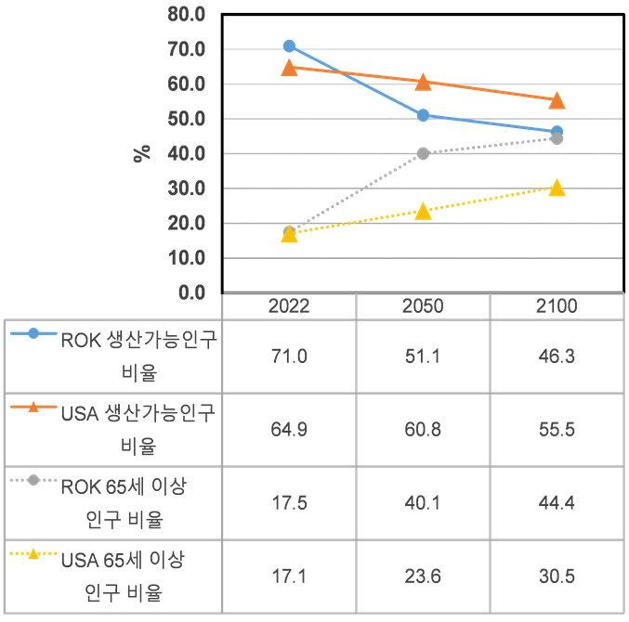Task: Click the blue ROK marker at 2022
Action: [x=289, y=45]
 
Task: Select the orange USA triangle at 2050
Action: [x=423, y=82]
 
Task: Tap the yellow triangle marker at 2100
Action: [x=557, y=188]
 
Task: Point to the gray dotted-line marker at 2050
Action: [x=423, y=153]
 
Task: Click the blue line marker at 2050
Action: [x=423, y=115]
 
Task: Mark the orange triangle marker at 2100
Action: [x=557, y=100]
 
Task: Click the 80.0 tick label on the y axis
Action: [x=187, y=14]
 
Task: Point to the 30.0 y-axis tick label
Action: [x=187, y=188]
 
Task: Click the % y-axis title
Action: [x=142, y=153]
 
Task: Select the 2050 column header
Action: [x=423, y=307]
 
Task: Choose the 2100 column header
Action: [x=557, y=307]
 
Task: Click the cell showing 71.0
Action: [x=289, y=356]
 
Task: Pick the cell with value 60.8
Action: [x=423, y=429]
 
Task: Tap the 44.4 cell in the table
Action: [x=557, y=502]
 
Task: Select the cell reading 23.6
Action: [x=423, y=576]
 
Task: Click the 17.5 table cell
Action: [x=289, y=502]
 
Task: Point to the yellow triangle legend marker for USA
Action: [x=33, y=554]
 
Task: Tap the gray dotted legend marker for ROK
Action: [x=33, y=481]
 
